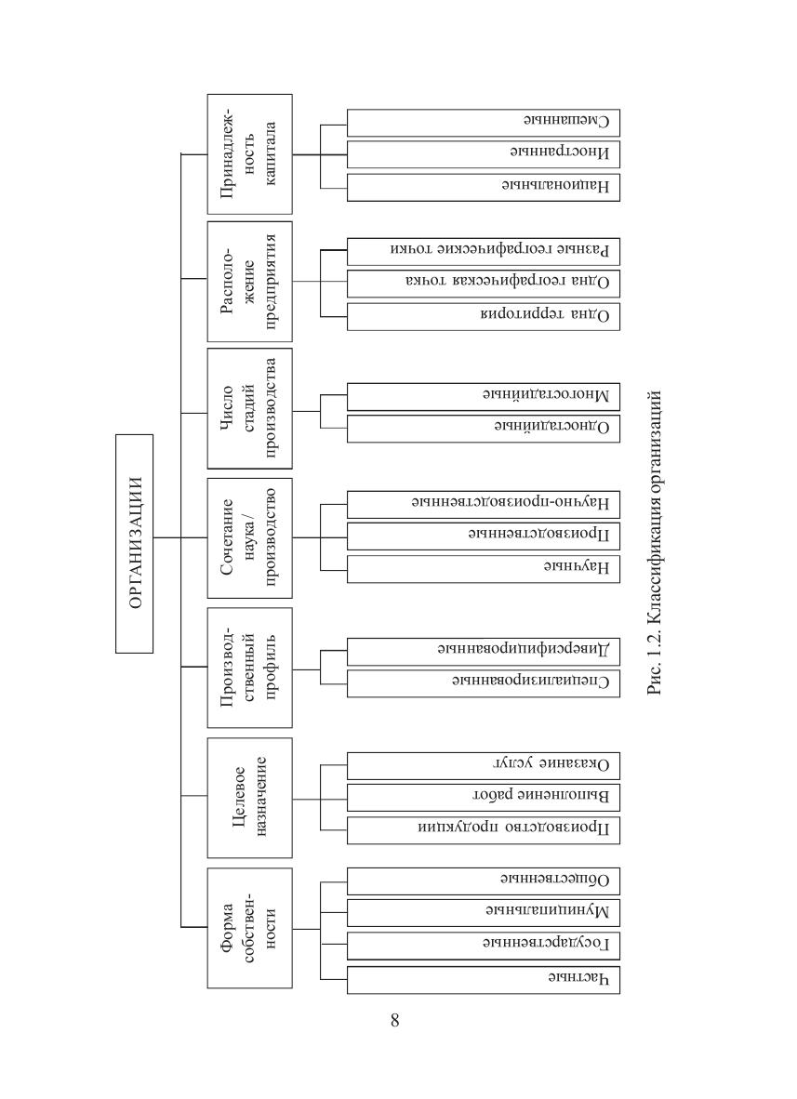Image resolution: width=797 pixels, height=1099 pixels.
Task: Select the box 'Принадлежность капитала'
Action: pyautogui.click(x=250, y=152)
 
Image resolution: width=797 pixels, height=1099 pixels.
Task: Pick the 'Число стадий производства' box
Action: pyautogui.click(x=250, y=408)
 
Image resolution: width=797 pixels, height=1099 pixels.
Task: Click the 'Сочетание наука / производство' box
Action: pyautogui.click(x=250, y=537)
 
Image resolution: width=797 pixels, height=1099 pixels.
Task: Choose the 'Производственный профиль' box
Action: pyautogui.click(x=250, y=668)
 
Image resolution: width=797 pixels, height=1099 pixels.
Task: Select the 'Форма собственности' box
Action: pyautogui.click(x=250, y=927)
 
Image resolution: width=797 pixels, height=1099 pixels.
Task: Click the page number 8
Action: pyautogui.click(x=395, y=1021)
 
